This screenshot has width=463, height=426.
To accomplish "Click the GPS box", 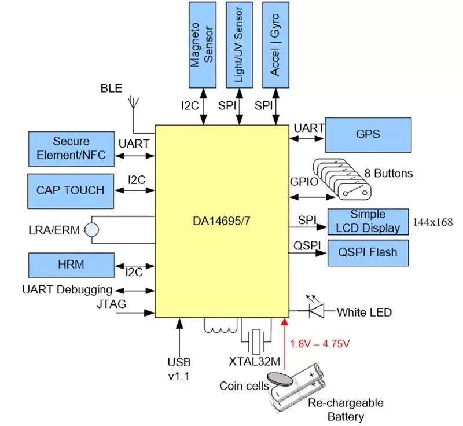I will tap(369, 134).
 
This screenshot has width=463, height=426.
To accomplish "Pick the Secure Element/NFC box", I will tap(71, 148).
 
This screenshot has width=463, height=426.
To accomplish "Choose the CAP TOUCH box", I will tap(71, 190).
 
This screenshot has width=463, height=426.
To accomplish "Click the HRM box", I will tap(71, 265).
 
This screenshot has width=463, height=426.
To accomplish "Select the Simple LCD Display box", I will tap(368, 222).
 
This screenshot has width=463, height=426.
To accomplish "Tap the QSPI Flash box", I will tap(368, 253).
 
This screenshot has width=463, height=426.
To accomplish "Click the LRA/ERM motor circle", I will tap(91, 230).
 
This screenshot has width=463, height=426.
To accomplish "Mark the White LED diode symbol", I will tap(315, 311).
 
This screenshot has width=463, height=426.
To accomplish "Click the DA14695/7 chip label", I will tap(222, 221).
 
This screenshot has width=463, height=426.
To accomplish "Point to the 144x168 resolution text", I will tap(432, 222).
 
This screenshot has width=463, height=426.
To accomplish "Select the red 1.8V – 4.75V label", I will tap(320, 344).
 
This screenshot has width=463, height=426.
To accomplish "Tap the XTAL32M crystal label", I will tap(254, 362).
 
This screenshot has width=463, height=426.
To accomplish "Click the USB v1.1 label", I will tap(179, 368).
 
